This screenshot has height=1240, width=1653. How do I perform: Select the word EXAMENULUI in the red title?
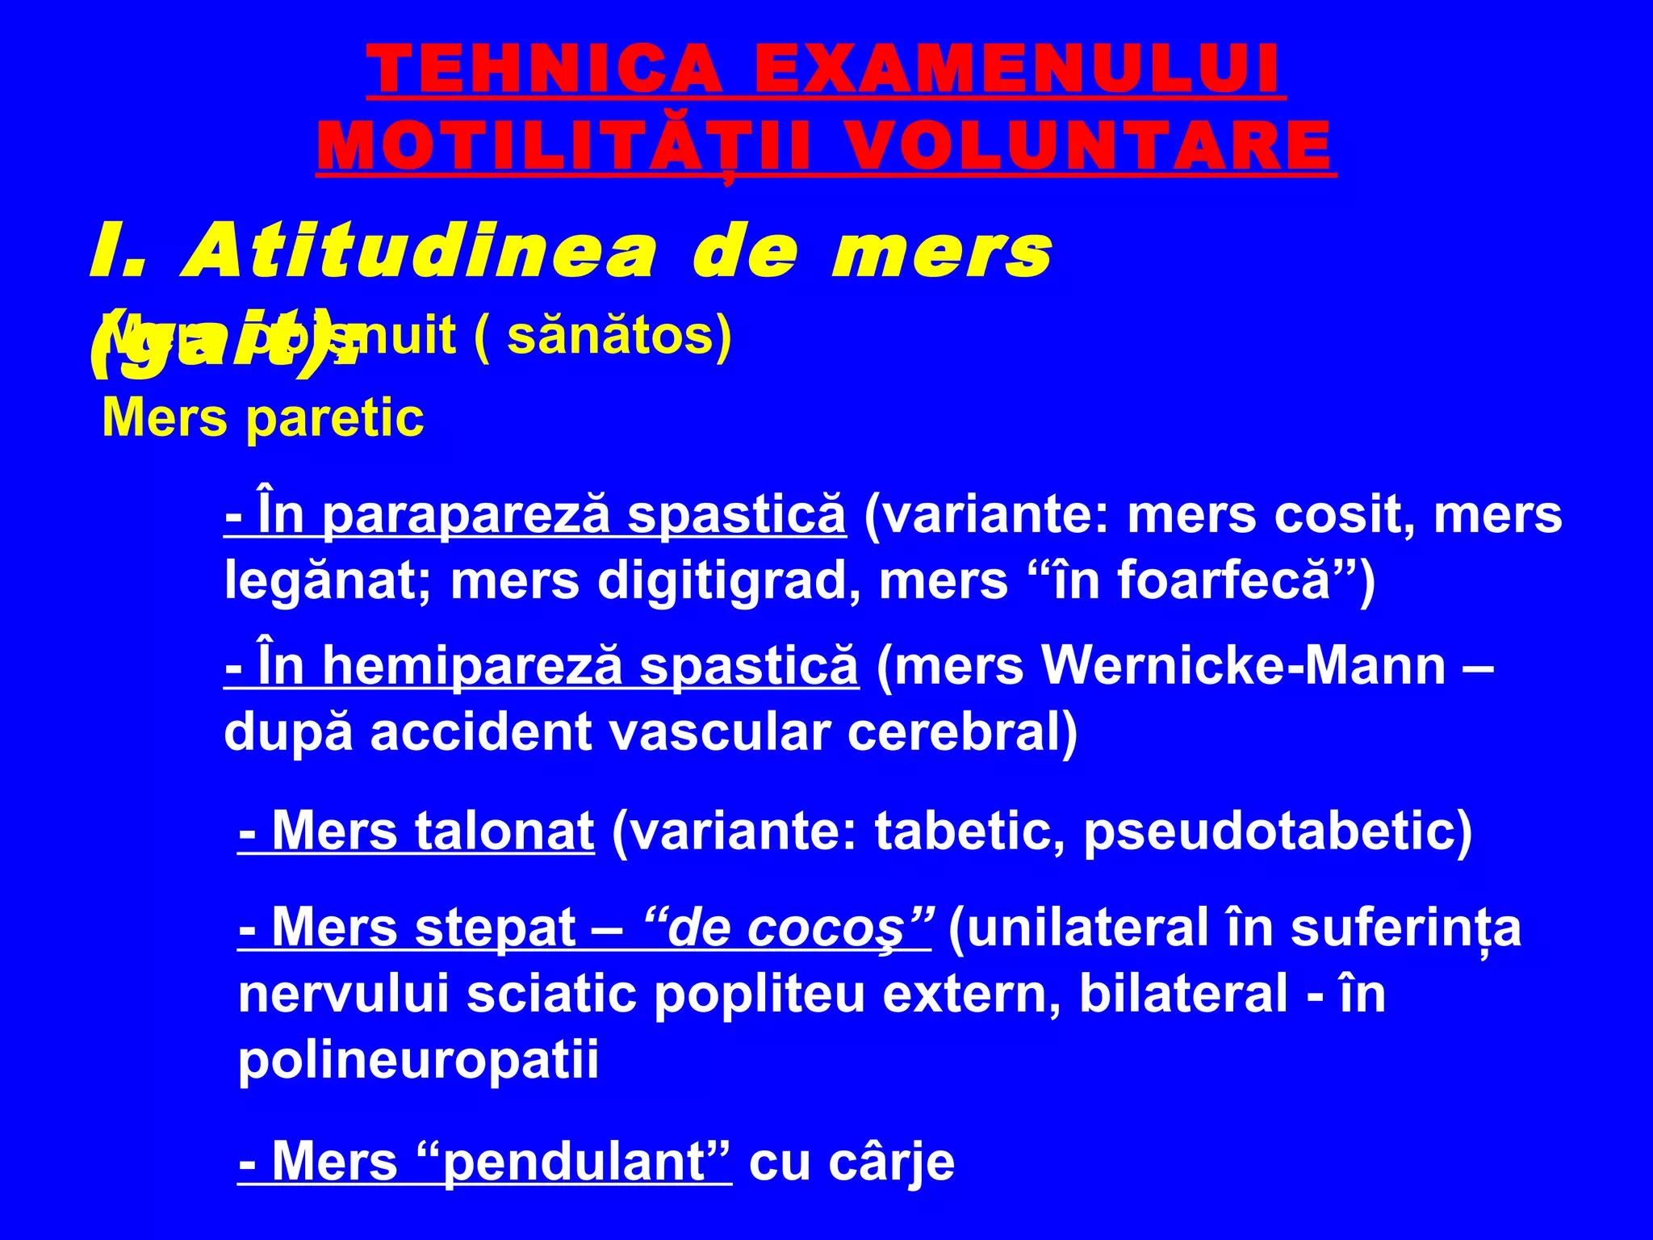pyautogui.click(x=1019, y=69)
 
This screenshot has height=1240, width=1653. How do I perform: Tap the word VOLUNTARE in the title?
pyautogui.click(x=1091, y=146)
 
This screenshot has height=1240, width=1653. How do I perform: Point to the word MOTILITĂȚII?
pyautogui.click(x=563, y=146)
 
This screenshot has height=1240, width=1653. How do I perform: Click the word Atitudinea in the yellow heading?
pyautogui.click(x=421, y=253)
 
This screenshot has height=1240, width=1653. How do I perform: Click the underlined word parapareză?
pyautogui.click(x=466, y=515)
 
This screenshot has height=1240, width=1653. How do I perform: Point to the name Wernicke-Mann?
pyautogui.click(x=1243, y=667)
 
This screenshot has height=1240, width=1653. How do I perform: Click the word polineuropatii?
pyautogui.click(x=418, y=1060)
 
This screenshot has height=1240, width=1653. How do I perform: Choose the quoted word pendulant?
pyautogui.click(x=575, y=1163)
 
